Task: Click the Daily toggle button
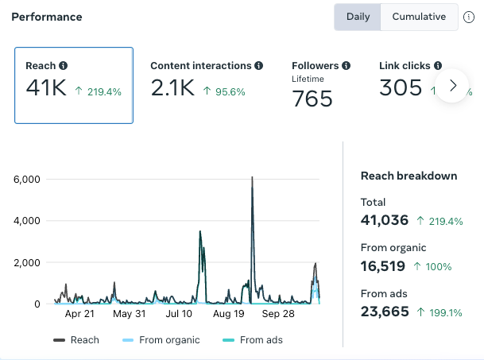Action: tap(358, 17)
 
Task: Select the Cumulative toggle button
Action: tap(419, 17)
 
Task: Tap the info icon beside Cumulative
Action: tap(469, 17)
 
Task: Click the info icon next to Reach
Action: tap(64, 65)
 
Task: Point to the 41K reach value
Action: tap(46, 87)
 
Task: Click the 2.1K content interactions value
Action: tap(172, 87)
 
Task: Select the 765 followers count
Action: tap(312, 99)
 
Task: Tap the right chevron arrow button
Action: tap(452, 86)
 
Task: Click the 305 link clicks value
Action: tap(401, 87)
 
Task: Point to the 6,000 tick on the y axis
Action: tap(26, 179)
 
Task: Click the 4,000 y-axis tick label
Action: tap(26, 221)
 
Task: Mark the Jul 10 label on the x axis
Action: tap(179, 314)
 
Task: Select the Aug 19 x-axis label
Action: tap(228, 314)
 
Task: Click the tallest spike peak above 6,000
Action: tap(252, 177)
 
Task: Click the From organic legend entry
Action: tap(161, 340)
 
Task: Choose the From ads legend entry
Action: tap(253, 340)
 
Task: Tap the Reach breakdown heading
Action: tap(409, 176)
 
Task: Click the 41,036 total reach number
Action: tap(385, 220)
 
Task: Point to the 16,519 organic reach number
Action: tap(383, 266)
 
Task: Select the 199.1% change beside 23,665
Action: tap(439, 312)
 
